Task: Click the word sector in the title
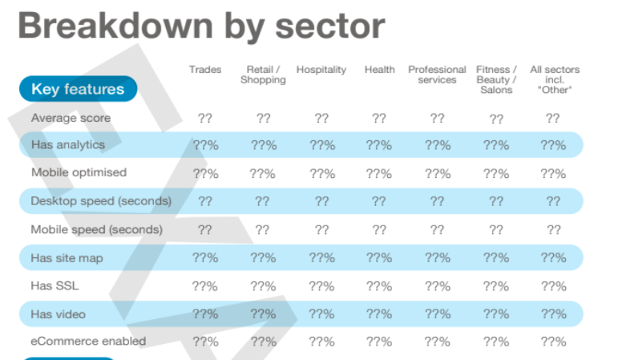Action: [x=329, y=26]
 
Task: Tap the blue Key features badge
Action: [x=78, y=89]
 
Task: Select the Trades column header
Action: [x=205, y=70]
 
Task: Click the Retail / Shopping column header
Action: [x=263, y=75]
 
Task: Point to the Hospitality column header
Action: [x=321, y=70]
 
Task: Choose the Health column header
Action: [x=379, y=70]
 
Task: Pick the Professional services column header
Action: [x=437, y=75]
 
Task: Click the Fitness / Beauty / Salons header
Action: [x=496, y=79]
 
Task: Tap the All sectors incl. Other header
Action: [x=554, y=79]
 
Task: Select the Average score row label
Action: [x=71, y=118]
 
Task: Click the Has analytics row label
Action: [x=68, y=145]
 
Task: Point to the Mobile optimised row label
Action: [x=79, y=172]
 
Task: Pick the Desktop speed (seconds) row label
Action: [x=101, y=200]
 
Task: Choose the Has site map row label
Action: [x=67, y=258]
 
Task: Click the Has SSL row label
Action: [x=55, y=286]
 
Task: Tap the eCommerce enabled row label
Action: [x=88, y=341]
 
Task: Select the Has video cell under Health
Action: [x=379, y=314]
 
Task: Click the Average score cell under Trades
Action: [x=205, y=119]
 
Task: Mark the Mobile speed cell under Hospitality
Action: [x=321, y=230]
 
